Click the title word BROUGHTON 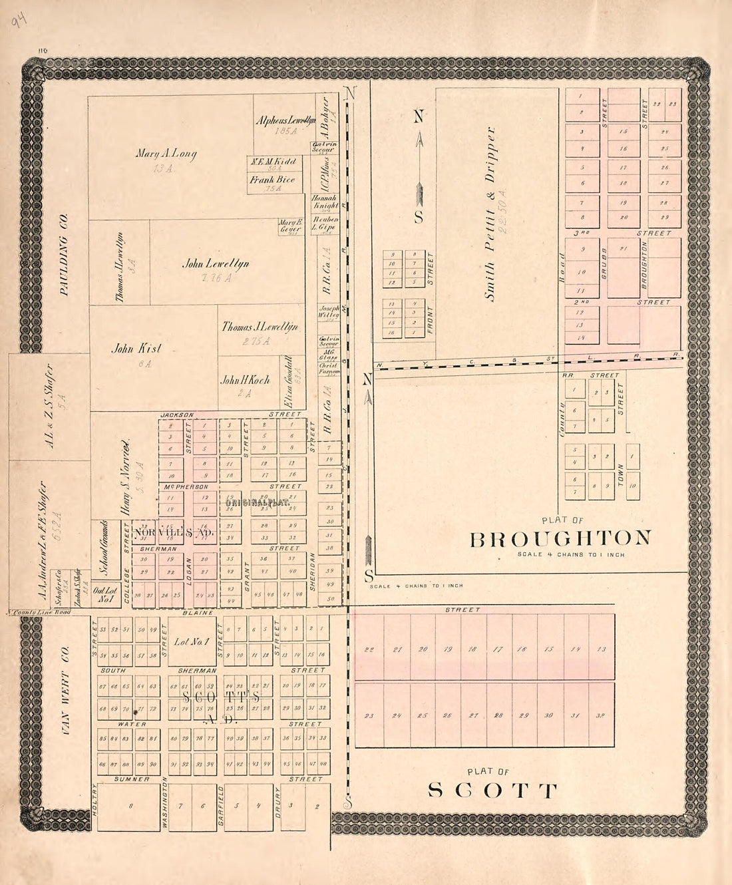coord(560,538)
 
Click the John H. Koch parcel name coord(245,380)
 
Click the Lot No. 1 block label coord(191,642)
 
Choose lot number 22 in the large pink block coord(369,649)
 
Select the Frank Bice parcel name coord(272,180)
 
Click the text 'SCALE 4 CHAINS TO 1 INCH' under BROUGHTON coord(570,554)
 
